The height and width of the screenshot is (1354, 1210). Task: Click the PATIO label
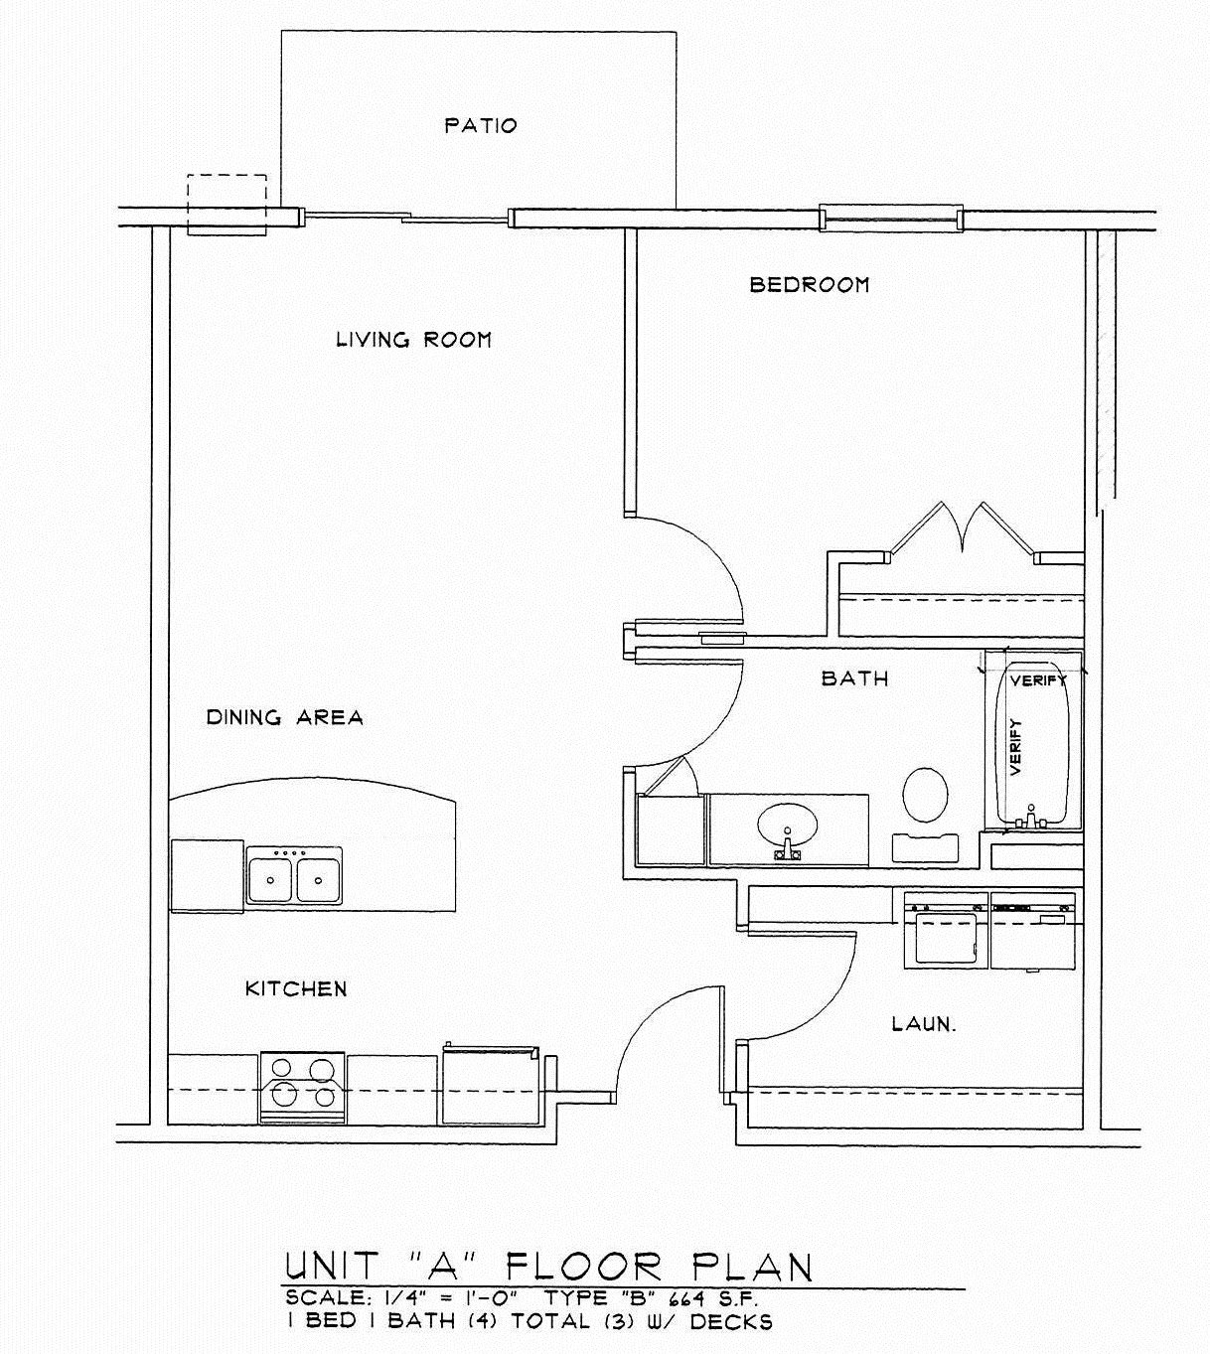pos(481,126)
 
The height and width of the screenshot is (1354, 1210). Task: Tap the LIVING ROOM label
pos(413,340)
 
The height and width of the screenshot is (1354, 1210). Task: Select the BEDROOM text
pos(809,285)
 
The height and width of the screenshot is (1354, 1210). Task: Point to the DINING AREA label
pos(284,717)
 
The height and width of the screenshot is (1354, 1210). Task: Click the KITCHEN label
pos(296,988)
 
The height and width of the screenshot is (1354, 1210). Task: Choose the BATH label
pos(854,678)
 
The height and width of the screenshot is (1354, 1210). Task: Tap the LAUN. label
pos(924,1023)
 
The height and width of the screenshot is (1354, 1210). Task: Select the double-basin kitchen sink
pos(294,875)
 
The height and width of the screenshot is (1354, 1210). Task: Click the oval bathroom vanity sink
pos(788,826)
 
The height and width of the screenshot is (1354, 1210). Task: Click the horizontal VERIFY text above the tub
pos(1038,681)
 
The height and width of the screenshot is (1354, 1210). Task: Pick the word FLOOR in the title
pos(584,1267)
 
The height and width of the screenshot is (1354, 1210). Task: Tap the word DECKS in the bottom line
pos(730,1321)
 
